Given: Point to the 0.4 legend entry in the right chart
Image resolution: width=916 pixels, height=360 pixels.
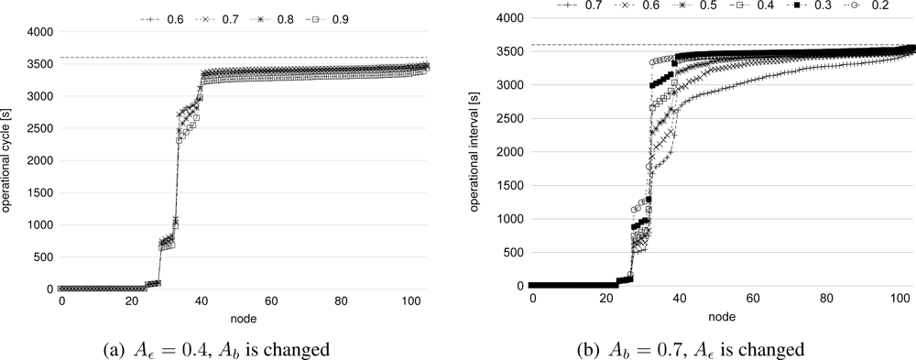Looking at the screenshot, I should coord(753,6).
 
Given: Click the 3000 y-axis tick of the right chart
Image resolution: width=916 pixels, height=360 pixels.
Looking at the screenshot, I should coord(509,85).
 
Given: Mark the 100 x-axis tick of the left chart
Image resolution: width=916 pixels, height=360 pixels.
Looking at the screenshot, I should coord(409,302).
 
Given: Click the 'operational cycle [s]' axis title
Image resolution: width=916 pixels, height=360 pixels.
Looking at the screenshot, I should coord(8,160).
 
